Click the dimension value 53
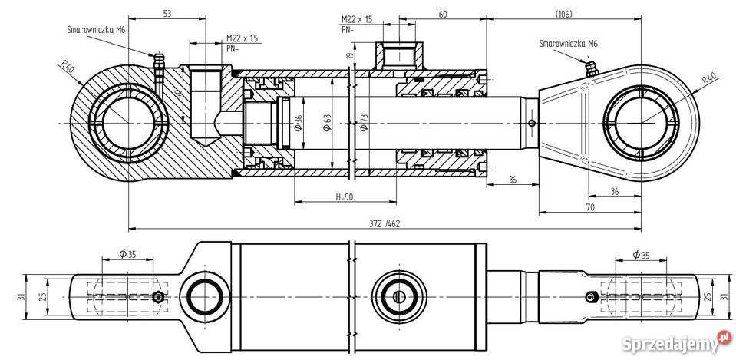coord(167,13)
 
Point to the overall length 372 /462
coord(384,223)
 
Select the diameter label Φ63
coord(327,123)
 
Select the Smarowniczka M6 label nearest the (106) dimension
coord(567,44)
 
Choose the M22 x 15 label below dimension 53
coord(243,38)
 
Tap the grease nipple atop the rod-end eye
coord(589,68)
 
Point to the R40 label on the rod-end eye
coord(708,78)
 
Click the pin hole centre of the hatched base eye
coord(125,123)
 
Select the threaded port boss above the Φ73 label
coord(396,56)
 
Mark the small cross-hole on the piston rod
coord(530,123)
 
